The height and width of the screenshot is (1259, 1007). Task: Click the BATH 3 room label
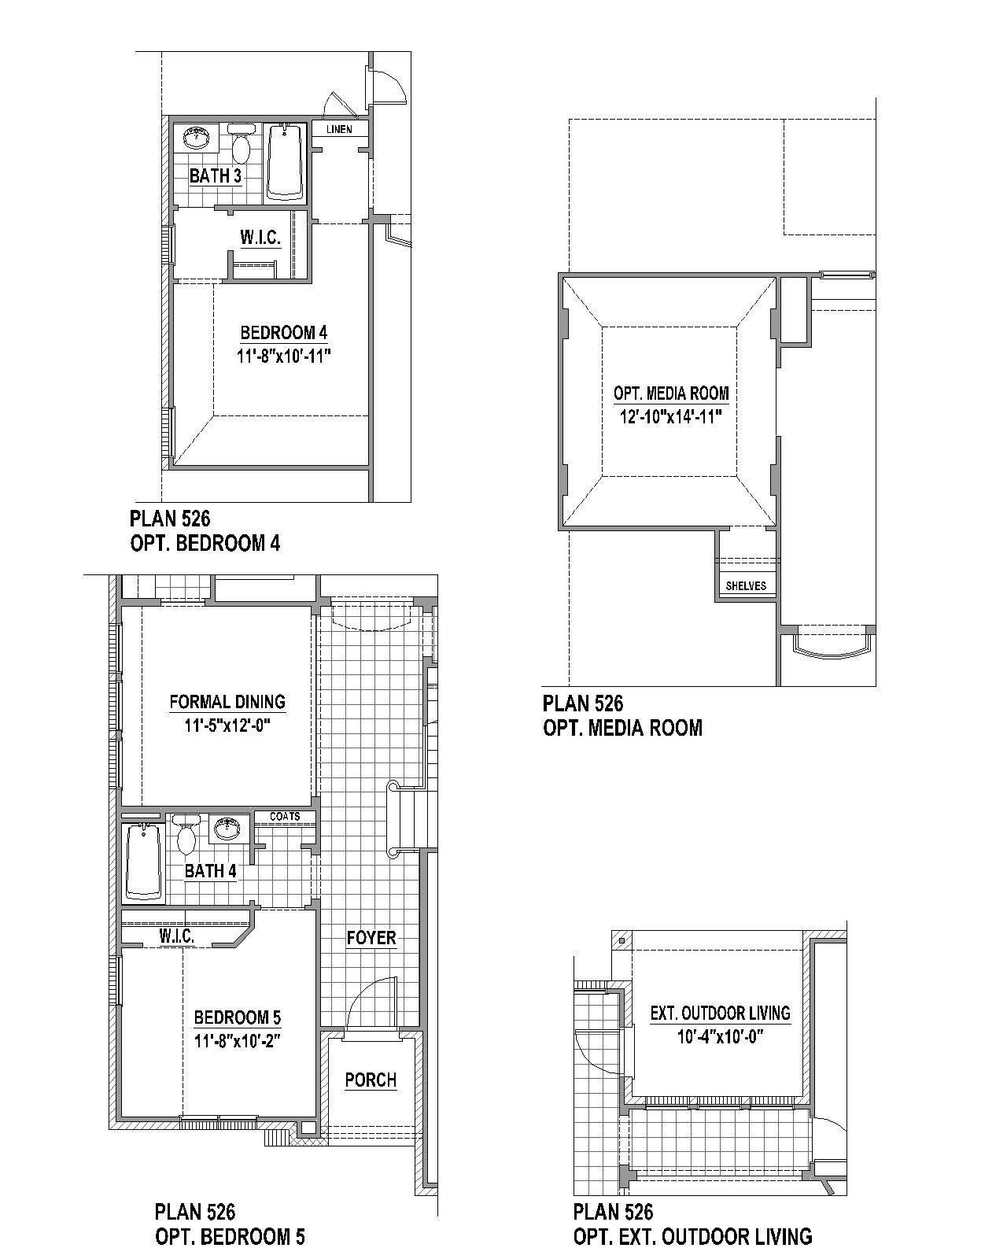pyautogui.click(x=216, y=175)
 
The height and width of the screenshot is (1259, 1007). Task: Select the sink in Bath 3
pyautogui.click(x=197, y=138)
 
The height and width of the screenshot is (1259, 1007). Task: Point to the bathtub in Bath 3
pyautogui.click(x=285, y=162)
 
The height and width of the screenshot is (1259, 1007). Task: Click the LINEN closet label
pyautogui.click(x=339, y=129)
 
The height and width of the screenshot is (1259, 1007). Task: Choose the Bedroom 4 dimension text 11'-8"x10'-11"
pyautogui.click(x=284, y=356)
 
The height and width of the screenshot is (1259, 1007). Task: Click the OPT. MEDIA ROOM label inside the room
pyautogui.click(x=671, y=393)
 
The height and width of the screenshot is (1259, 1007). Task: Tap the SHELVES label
pyautogui.click(x=746, y=585)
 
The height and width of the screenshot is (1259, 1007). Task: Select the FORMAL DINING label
pyautogui.click(x=227, y=701)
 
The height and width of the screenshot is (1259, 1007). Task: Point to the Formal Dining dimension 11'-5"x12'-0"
pyautogui.click(x=227, y=725)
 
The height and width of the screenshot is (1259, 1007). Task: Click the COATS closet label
pyautogui.click(x=285, y=816)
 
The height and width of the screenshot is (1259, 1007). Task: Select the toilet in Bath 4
pyautogui.click(x=186, y=835)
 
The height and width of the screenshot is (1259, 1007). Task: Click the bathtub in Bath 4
pyautogui.click(x=143, y=861)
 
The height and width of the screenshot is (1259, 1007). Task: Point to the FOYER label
pyautogui.click(x=371, y=938)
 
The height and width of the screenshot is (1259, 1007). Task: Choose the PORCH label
pyautogui.click(x=371, y=1080)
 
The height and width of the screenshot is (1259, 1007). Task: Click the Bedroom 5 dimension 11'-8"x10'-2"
pyautogui.click(x=238, y=1041)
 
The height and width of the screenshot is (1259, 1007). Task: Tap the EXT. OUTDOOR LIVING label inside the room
pyautogui.click(x=721, y=1013)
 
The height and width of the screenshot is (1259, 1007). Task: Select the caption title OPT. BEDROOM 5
pyautogui.click(x=230, y=1236)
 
